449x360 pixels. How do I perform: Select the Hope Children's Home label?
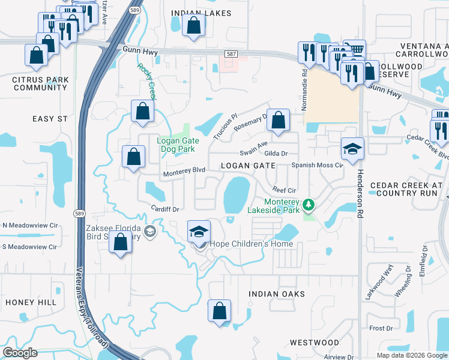(x=251, y=244)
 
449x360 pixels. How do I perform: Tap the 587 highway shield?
(x=231, y=55)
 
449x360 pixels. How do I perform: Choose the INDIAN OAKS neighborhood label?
(x=277, y=294)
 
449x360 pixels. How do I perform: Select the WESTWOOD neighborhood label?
(x=315, y=343)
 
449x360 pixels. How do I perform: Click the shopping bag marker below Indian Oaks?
(x=219, y=311)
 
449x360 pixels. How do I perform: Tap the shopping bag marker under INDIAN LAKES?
(x=193, y=26)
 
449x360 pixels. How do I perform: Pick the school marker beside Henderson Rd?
(x=352, y=149)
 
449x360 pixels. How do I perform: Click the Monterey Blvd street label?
(x=184, y=170)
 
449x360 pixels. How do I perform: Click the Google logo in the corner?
(x=20, y=353)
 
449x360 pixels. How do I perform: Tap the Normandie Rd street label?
(x=305, y=78)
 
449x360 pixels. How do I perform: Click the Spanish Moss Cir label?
(x=317, y=164)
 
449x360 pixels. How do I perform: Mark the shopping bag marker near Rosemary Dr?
(x=278, y=120)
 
